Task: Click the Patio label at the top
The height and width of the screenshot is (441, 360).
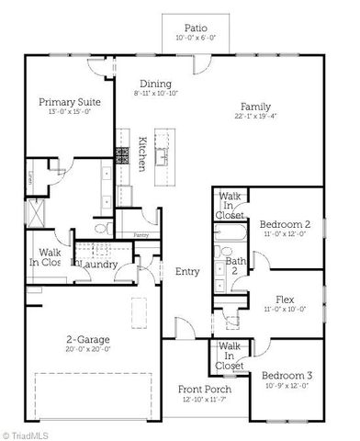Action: [194, 28]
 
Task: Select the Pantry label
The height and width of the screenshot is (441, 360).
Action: [141, 235]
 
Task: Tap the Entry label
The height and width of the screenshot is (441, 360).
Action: [187, 271]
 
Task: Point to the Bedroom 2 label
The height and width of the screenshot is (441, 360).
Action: [284, 224]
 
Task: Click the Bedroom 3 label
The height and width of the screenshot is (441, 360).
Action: [286, 375]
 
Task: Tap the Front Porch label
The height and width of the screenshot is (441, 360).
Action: [204, 390]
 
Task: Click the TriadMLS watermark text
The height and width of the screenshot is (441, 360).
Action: [28, 432]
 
